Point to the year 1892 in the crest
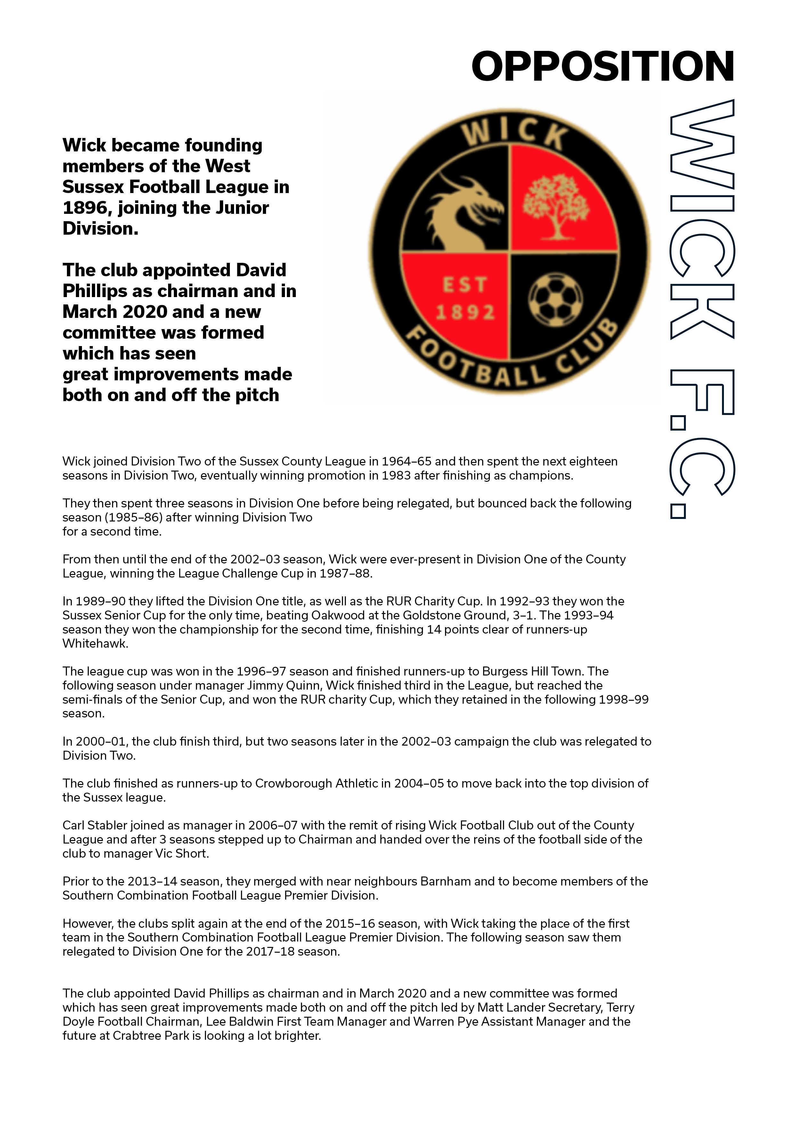465,312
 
